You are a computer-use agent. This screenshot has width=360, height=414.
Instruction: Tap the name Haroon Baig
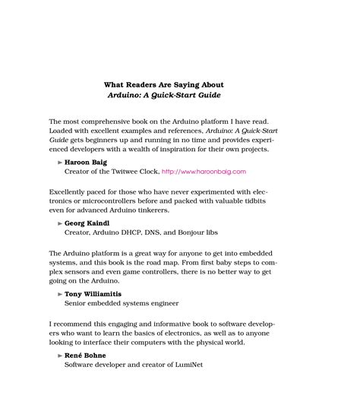click(x=86, y=162)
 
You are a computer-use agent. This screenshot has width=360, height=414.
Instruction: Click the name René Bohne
click(x=86, y=354)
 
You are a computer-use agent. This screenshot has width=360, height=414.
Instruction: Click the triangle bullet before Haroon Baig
click(x=60, y=162)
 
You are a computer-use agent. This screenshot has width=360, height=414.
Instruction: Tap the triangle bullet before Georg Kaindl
click(x=60, y=223)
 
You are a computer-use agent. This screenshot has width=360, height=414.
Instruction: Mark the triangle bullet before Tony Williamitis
click(x=60, y=292)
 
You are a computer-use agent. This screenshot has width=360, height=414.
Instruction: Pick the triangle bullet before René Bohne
click(x=60, y=354)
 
